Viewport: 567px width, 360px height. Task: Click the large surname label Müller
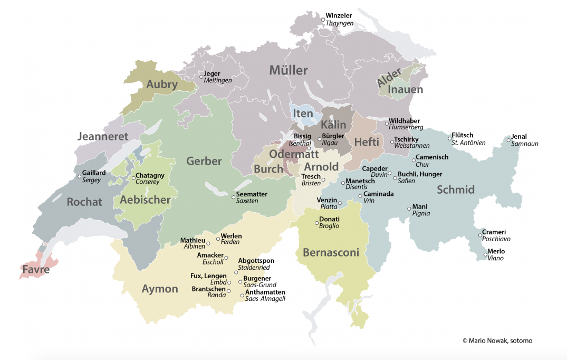289,70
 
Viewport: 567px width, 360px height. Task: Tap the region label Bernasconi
331,253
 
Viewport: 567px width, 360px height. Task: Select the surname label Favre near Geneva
36,270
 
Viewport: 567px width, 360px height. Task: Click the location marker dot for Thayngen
323,20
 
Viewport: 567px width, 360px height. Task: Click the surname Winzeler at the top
339,16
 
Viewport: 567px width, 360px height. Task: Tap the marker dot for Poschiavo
480,235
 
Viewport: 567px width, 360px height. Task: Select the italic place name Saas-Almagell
265,299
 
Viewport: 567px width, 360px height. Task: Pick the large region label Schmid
456,190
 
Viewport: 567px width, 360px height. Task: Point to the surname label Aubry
162,84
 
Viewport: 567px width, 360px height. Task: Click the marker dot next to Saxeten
233,197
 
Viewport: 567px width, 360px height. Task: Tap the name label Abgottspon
256,261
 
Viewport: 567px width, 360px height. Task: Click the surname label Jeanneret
103,136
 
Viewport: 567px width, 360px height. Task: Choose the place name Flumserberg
406,127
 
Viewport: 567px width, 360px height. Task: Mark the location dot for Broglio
316,222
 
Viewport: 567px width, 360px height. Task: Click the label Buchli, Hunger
420,174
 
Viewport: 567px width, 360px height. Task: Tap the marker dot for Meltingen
201,77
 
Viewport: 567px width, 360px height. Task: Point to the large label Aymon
160,289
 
